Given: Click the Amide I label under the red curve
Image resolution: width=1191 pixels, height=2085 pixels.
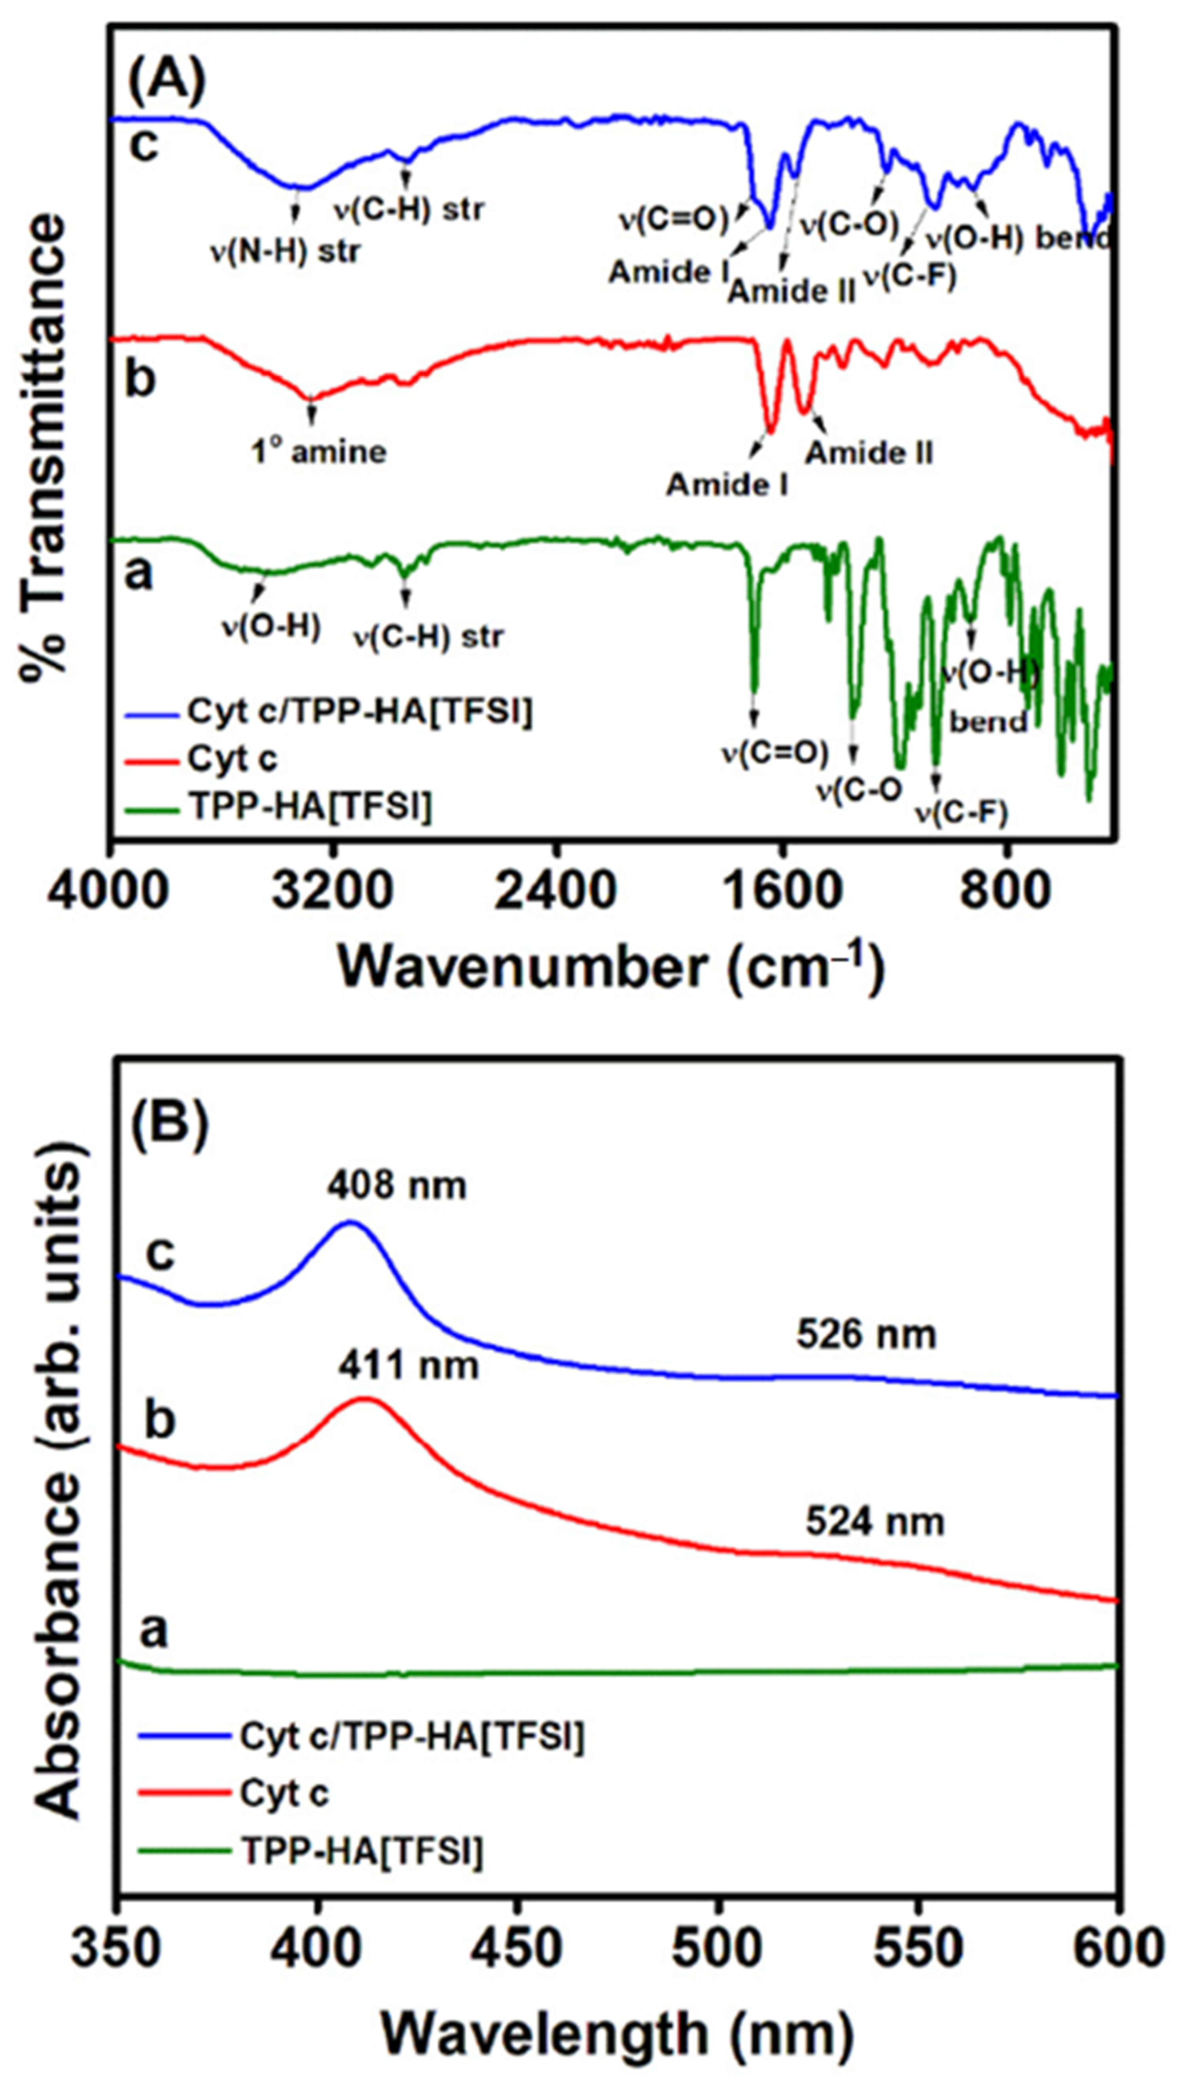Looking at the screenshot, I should click(727, 484).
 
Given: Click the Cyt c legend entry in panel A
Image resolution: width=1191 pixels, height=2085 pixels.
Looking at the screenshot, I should click(233, 759).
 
